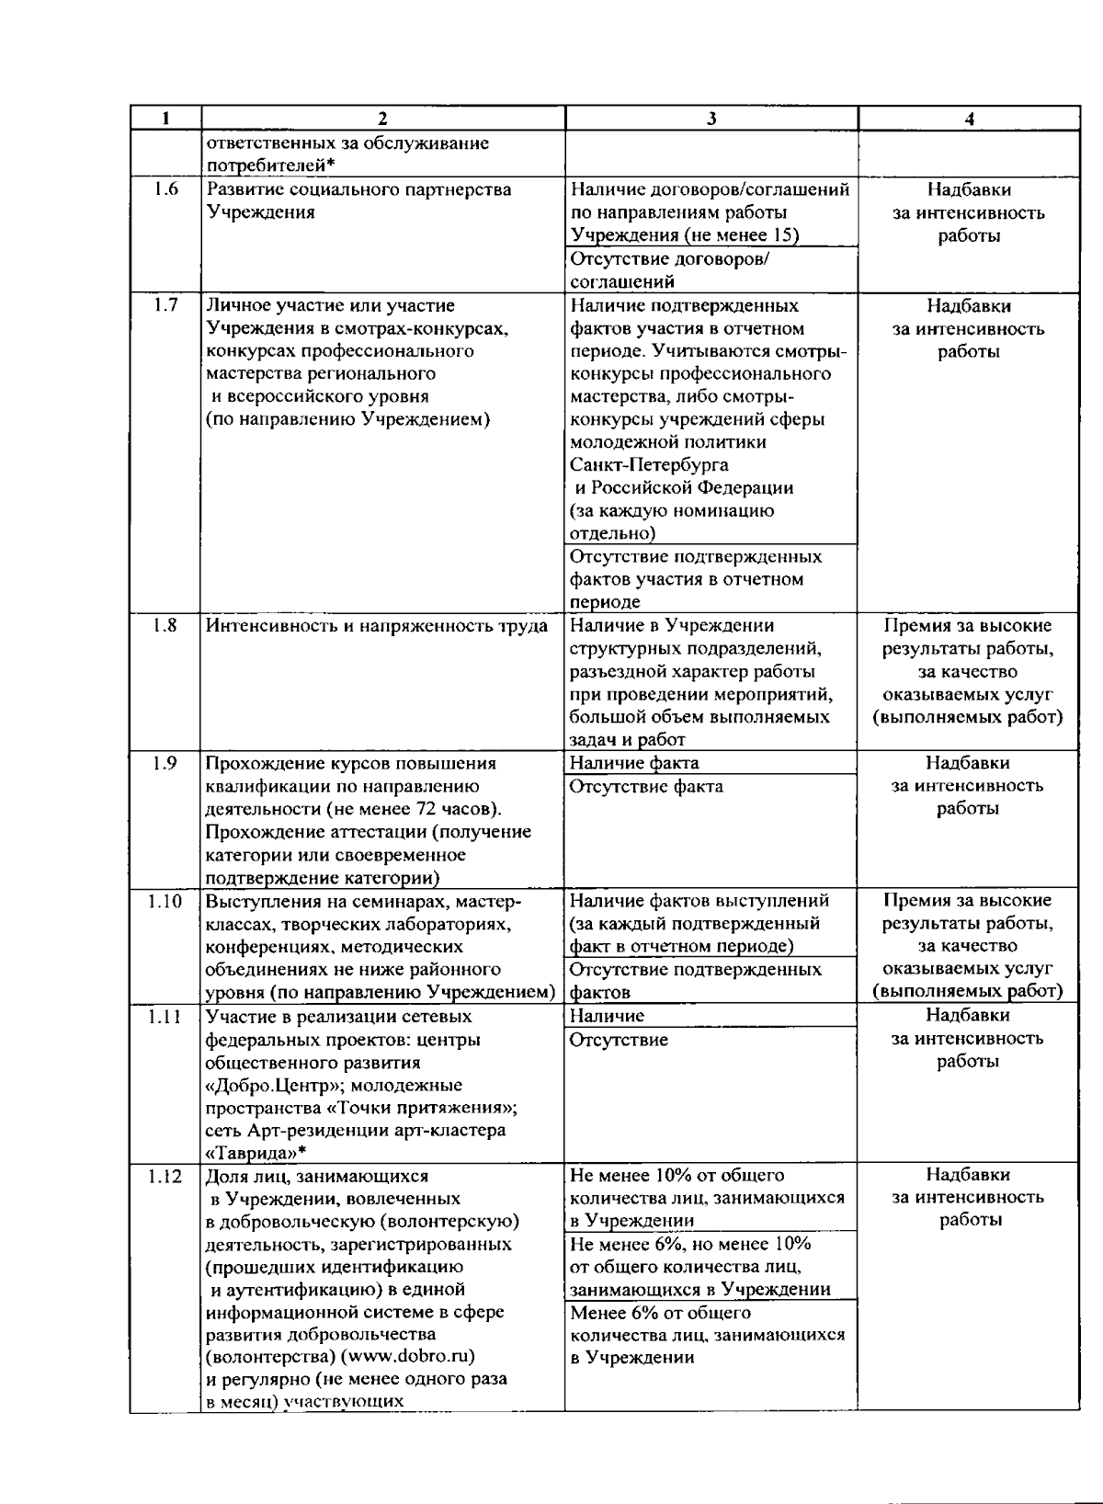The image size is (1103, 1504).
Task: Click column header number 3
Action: point(711,118)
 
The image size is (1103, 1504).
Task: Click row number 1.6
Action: point(165,189)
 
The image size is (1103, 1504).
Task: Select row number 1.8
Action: point(165,625)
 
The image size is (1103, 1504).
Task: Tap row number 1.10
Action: point(165,901)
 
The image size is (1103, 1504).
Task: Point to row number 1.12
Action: point(165,1176)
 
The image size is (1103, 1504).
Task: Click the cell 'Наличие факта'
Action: point(634,762)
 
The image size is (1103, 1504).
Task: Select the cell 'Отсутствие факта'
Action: point(646,786)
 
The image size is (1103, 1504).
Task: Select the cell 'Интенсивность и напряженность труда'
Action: point(377,626)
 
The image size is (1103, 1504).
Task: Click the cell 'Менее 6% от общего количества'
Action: point(707,1335)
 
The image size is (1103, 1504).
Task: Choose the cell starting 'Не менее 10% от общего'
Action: point(707,1198)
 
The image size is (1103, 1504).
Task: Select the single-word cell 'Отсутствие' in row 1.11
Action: point(619,1040)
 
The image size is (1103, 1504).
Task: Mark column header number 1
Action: point(165,118)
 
